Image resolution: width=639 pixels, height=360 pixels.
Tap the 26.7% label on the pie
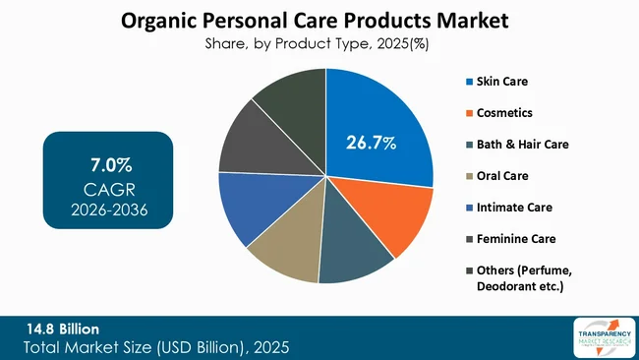pos(371,143)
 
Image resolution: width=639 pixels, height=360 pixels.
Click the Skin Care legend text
pos(504,80)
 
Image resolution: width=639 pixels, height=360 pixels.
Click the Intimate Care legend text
pos(515,208)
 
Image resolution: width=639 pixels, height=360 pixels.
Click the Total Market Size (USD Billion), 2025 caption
pos(157,347)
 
